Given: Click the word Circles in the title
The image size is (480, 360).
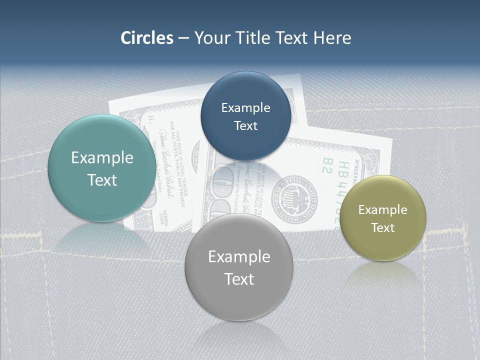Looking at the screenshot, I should (146, 38).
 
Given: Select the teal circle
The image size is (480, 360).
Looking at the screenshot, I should (102, 168).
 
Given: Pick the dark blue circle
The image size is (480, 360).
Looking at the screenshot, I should (245, 116).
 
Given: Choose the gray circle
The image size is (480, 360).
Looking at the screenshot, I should (239, 267).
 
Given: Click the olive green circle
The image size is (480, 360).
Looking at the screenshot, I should (383, 218).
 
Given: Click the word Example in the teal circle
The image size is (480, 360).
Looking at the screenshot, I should (102, 158).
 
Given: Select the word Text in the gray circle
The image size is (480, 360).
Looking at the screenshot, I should (239, 279).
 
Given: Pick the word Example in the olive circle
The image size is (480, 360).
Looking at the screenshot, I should (383, 210).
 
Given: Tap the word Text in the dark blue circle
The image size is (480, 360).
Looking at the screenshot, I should (245, 126).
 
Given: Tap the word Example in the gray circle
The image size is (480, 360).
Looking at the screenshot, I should (239, 257).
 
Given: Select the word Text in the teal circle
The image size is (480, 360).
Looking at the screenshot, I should (102, 180).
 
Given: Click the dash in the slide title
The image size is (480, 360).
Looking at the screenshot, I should (183, 38).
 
